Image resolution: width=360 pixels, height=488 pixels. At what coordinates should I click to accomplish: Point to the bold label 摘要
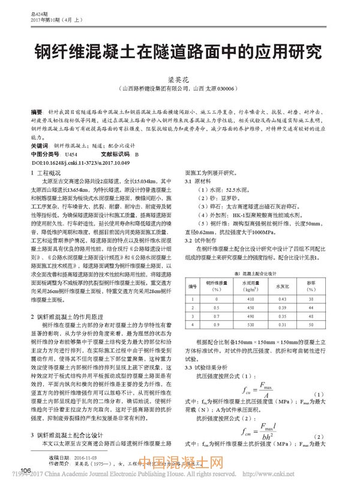pyautogui.click(x=36, y=113)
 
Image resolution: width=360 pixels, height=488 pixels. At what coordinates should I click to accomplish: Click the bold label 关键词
pyautogui.click(x=39, y=146)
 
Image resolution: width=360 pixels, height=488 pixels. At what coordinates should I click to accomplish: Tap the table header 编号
pyautogui.click(x=193, y=285)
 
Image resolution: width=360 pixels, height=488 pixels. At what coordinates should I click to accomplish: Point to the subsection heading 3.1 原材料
pyautogui.click(x=197, y=180)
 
